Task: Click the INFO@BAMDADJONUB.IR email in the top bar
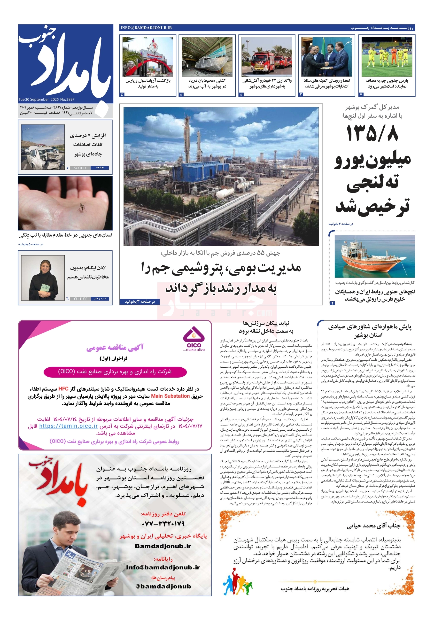pyautogui.click(x=146, y=28)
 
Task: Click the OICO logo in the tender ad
pyautogui.click(x=194, y=338)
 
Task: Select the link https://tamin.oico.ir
pyautogui.click(x=68, y=426)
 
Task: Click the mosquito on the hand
pyautogui.click(x=81, y=207)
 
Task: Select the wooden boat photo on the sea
pyautogui.click(x=374, y=256)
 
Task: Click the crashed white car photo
pyautogui.click(x=43, y=147)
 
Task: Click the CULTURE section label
pyautogui.click(x=80, y=299)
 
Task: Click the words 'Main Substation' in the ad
pyautogui.click(x=170, y=396)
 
